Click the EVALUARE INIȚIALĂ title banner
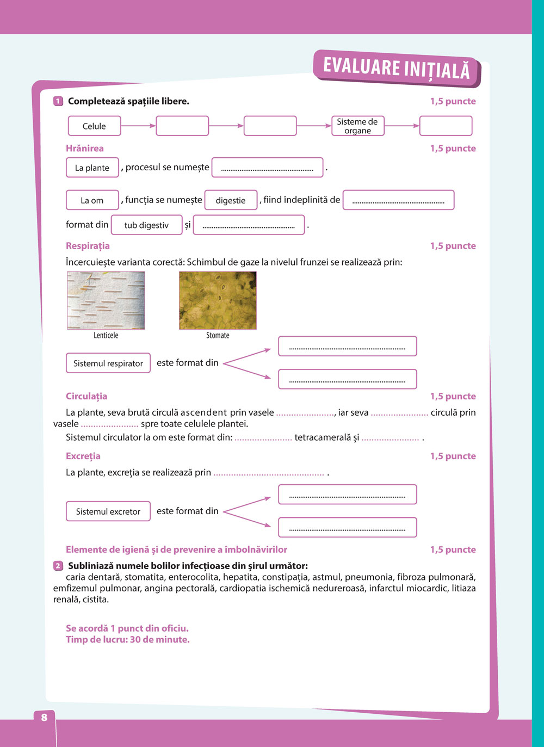click(397, 68)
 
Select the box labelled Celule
click(94, 126)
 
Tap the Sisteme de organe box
click(357, 126)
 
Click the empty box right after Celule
click(182, 126)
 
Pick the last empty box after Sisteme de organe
click(446, 126)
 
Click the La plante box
click(92, 168)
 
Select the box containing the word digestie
click(231, 200)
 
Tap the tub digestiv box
click(146, 225)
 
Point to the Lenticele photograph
click(106, 300)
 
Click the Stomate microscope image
click(218, 300)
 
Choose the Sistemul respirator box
click(108, 363)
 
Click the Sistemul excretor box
click(108, 511)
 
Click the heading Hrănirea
click(85, 149)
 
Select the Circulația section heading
click(86, 397)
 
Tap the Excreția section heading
click(83, 456)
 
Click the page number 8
click(44, 718)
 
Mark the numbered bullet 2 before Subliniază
click(58, 566)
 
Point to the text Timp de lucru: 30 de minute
click(128, 640)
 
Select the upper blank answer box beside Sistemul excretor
click(348, 495)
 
